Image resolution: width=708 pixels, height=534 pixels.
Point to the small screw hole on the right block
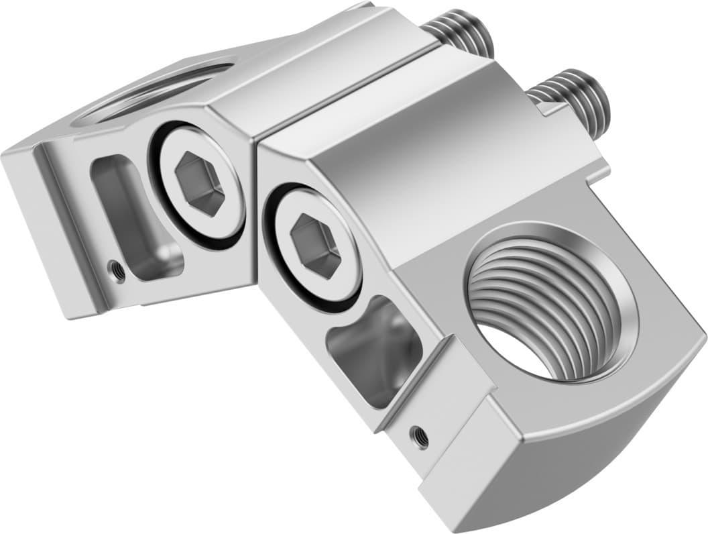(420, 436)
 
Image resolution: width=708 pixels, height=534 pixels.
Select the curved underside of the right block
(603, 456)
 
